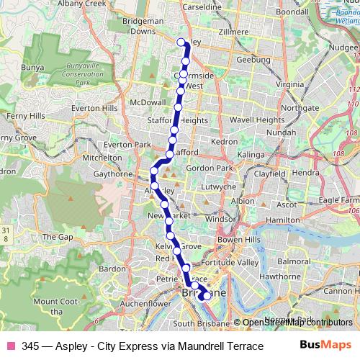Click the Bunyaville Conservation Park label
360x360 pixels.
pos(66,74)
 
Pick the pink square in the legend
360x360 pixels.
pos(10,345)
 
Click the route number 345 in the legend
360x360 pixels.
pos(31,345)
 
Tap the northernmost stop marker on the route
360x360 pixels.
pos(181,42)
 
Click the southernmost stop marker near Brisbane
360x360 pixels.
pos(207,295)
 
